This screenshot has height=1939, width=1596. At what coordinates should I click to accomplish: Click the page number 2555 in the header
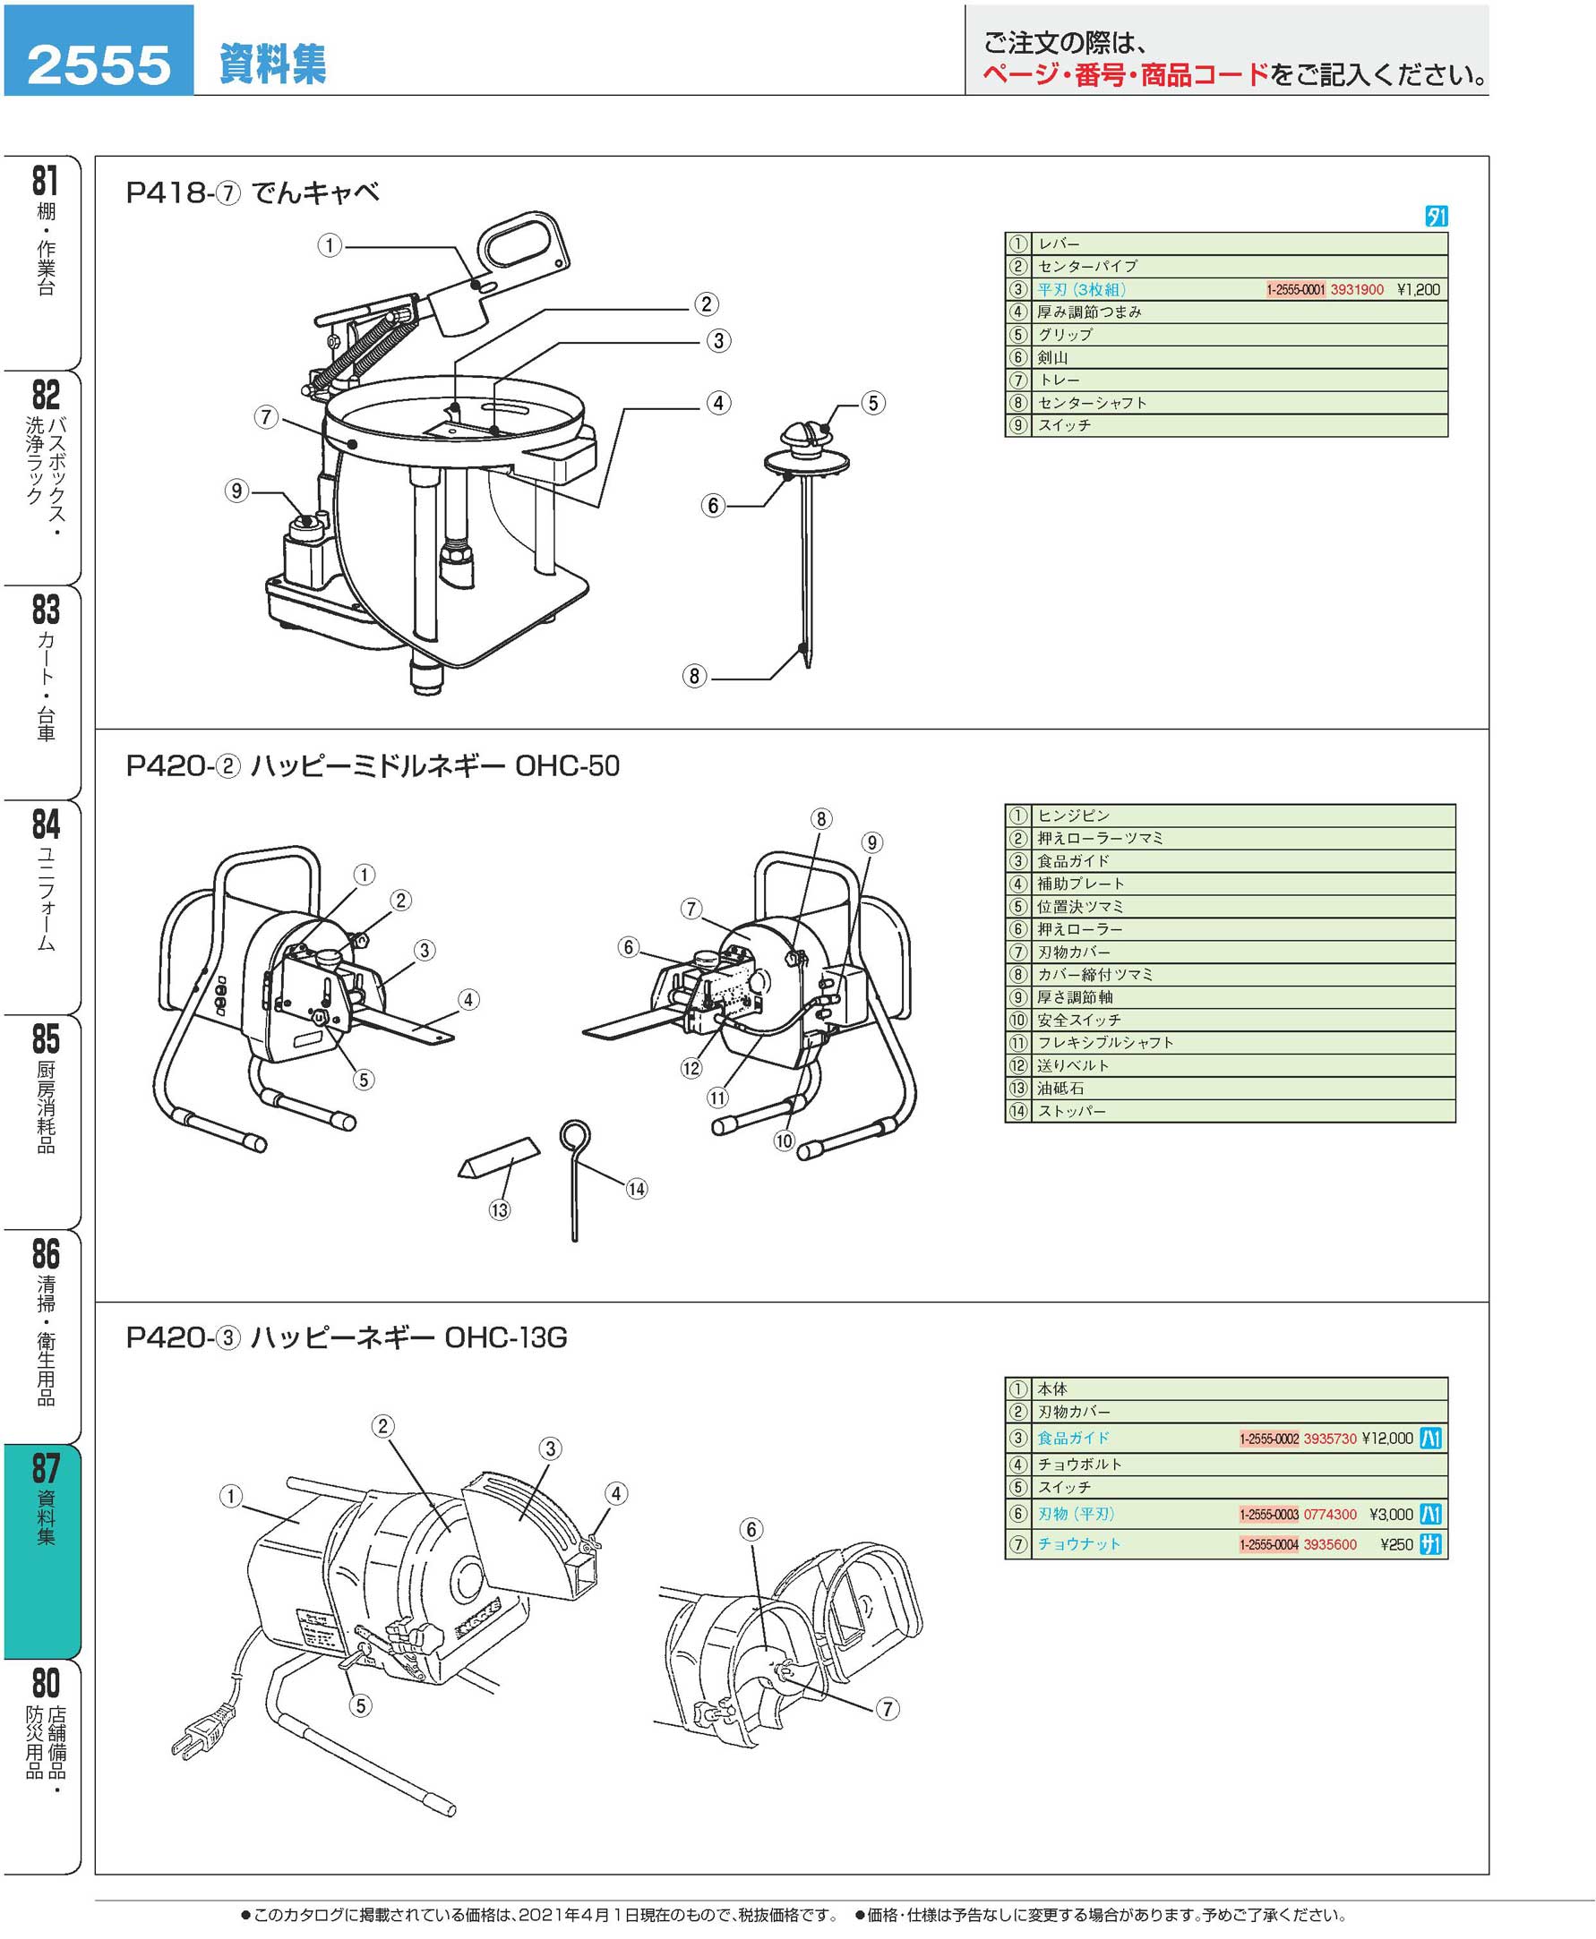(99, 64)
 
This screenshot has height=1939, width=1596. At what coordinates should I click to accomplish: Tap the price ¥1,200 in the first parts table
(1418, 289)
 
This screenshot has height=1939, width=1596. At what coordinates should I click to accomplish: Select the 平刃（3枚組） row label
(1081, 289)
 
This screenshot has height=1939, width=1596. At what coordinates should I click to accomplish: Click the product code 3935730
(1329, 1439)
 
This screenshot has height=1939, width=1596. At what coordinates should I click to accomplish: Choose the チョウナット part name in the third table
(1079, 1544)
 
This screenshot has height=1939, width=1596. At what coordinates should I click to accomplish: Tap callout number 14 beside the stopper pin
(636, 1189)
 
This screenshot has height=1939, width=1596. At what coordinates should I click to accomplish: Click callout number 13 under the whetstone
(499, 1210)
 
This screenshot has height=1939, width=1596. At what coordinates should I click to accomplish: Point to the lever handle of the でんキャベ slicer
(521, 243)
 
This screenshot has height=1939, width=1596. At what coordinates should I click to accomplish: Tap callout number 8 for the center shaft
(694, 677)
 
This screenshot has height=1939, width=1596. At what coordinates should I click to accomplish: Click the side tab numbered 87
(44, 1498)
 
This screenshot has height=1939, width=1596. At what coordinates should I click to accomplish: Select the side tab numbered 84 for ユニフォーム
(44, 877)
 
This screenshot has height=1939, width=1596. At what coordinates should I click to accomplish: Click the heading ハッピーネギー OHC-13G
(409, 1338)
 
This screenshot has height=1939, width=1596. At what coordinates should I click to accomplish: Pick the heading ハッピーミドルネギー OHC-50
(434, 765)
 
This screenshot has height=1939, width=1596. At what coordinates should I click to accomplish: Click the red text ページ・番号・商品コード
(1125, 75)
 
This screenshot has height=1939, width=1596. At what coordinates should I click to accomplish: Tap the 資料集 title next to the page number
(272, 64)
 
